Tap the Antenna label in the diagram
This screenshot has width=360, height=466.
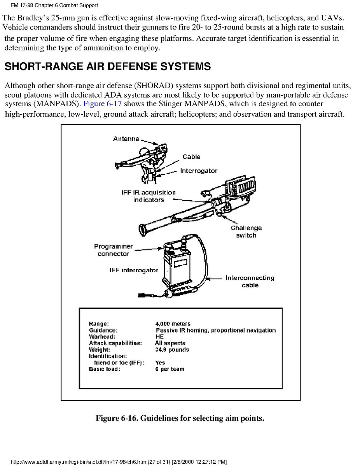pos(126,139)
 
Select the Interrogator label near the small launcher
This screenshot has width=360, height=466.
pos(199,171)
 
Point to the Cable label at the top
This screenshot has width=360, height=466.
pos(191,157)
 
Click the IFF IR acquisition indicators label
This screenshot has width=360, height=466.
pos(149,196)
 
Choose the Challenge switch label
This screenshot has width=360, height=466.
pos(246,231)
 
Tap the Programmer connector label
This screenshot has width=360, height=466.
pos(113,250)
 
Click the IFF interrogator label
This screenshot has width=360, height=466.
pos(134,270)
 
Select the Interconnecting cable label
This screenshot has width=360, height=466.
pos(250,281)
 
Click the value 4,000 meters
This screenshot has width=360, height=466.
pos(173,324)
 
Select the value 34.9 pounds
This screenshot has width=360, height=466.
pos(172,350)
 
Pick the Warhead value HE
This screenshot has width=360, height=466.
pos(159,336)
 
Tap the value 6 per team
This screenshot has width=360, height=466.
pos(170,369)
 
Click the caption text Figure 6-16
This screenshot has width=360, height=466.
pos(116,419)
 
